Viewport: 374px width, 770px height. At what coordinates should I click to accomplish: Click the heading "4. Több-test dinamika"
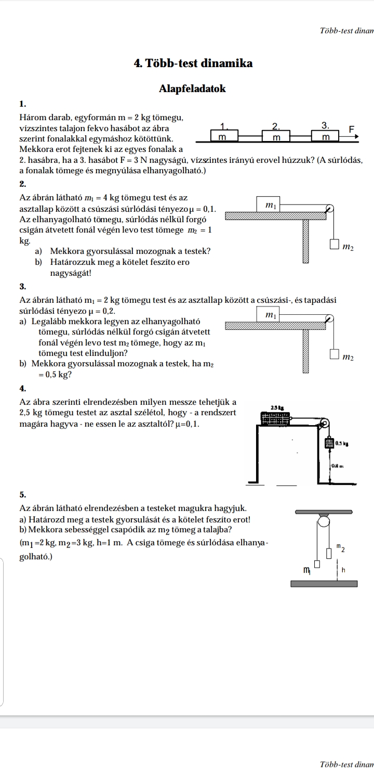click(x=193, y=63)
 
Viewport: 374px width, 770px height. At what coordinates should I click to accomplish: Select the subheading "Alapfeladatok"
click(x=193, y=88)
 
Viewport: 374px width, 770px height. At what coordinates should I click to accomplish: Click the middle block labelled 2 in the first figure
click(x=276, y=136)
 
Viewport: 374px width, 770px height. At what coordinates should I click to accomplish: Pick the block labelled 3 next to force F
click(x=325, y=136)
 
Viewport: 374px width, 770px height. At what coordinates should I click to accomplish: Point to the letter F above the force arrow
click(x=351, y=128)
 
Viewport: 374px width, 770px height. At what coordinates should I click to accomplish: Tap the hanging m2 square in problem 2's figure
click(x=334, y=245)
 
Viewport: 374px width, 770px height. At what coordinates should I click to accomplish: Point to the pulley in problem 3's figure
click(x=329, y=318)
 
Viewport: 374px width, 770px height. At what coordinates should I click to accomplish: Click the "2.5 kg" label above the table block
click(x=276, y=408)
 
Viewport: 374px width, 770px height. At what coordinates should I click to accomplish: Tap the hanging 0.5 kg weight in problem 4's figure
click(x=329, y=443)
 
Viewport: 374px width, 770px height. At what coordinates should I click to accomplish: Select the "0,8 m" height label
click(x=340, y=466)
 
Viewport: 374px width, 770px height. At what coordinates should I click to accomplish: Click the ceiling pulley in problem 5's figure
click(x=323, y=521)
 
